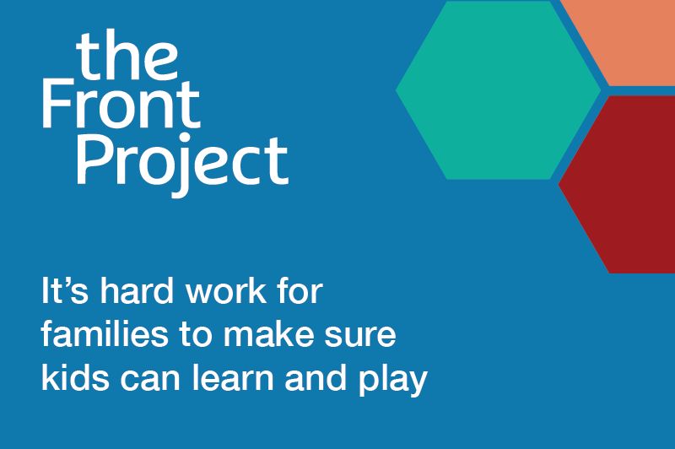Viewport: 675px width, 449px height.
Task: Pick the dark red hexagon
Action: [624, 182]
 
